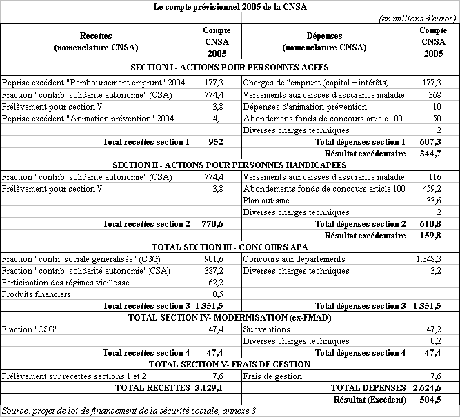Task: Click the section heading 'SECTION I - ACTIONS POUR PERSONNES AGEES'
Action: [x=230, y=68]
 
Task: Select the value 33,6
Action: [x=432, y=201]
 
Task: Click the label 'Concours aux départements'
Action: [x=294, y=259]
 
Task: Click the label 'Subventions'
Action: [x=267, y=329]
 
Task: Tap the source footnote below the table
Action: [x=129, y=411]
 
